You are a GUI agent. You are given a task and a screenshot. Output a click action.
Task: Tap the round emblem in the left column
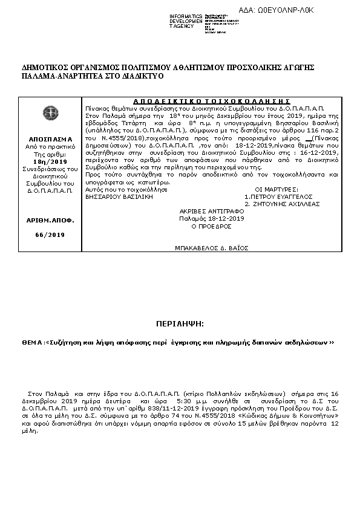point(47,112)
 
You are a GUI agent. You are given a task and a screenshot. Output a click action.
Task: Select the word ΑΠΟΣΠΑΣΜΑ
point(47,138)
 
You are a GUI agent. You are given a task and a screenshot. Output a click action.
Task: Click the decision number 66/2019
point(47,234)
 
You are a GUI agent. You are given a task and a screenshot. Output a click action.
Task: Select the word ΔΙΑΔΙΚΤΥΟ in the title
point(110,77)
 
